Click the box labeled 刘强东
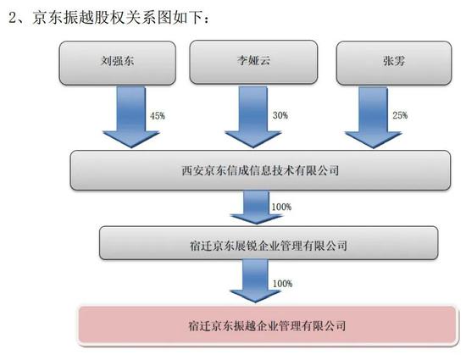click(118, 63)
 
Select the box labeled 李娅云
click(253, 62)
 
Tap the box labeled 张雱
click(394, 63)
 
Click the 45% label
click(158, 115)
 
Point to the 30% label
click(280, 115)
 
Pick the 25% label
click(400, 115)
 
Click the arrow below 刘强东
click(131, 117)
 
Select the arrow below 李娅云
click(253, 117)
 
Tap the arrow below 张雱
click(374, 118)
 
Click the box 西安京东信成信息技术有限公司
click(260, 170)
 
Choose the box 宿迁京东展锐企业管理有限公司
click(269, 243)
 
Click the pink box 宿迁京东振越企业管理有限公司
click(267, 325)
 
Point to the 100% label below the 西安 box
click(281, 207)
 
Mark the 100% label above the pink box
click(282, 284)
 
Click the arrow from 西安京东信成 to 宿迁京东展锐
click(256, 208)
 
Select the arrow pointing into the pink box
click(256, 280)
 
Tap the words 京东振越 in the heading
click(63, 18)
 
